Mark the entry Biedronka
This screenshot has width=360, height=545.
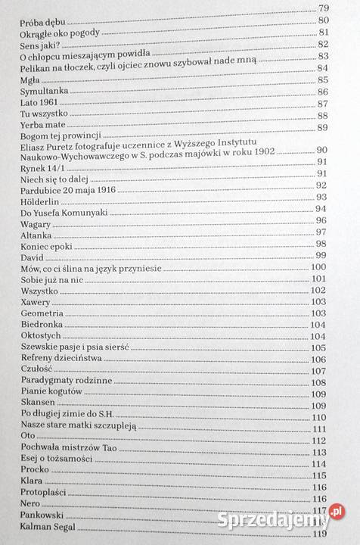tap(43, 324)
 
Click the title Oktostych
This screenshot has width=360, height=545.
tap(42, 336)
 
